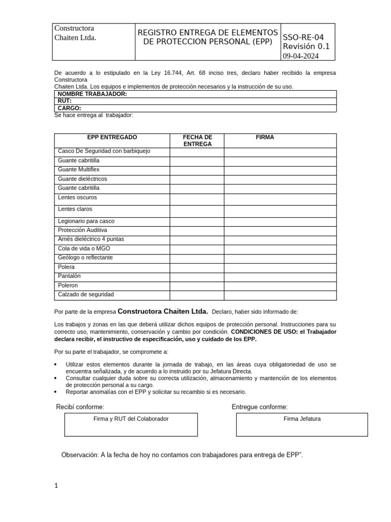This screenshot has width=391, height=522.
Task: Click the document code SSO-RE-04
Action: point(303,37)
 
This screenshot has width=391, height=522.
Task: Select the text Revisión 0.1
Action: point(306,46)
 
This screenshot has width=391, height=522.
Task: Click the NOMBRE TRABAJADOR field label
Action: point(92,94)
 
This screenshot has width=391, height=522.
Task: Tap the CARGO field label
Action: point(69,108)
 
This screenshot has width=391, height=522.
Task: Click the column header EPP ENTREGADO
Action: point(112,138)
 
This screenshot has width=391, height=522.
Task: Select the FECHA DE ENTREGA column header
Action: point(197,141)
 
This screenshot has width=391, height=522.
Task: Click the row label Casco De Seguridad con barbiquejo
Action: point(104,151)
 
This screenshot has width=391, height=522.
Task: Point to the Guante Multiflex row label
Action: point(79,169)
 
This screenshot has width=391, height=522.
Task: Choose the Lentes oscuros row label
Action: point(77,197)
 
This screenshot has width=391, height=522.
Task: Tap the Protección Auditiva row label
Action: point(82,230)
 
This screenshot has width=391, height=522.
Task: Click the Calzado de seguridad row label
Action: point(86,295)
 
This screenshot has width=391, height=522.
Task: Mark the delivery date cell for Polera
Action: point(197,267)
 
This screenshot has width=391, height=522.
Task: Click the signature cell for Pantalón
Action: point(280,276)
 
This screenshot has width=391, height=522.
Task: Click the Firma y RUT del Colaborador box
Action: point(131,425)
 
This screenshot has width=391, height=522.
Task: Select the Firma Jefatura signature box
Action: point(301,425)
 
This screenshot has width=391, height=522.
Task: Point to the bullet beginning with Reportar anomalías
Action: point(156,392)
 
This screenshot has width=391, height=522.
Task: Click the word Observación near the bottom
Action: point(79,455)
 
